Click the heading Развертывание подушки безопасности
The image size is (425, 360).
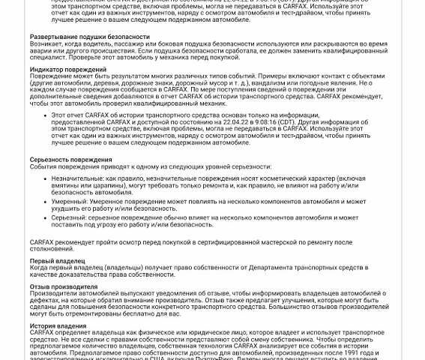click(89, 37)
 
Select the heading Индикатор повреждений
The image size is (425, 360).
click(67, 70)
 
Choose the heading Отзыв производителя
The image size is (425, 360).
click(64, 286)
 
